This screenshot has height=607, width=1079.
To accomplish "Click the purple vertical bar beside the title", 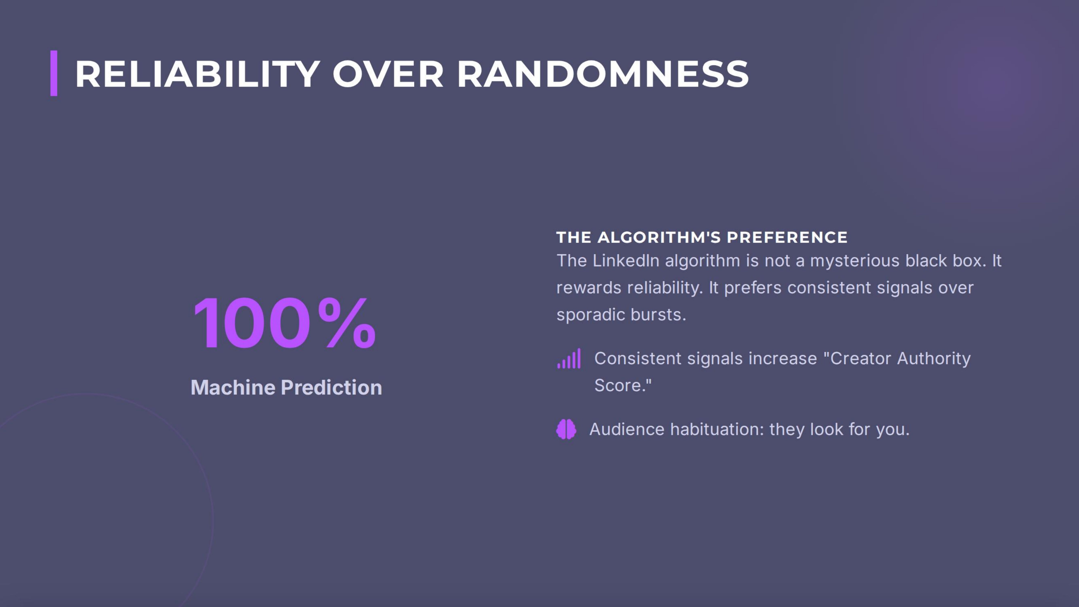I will [x=54, y=73].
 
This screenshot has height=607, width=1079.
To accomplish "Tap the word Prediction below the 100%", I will [x=331, y=387].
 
